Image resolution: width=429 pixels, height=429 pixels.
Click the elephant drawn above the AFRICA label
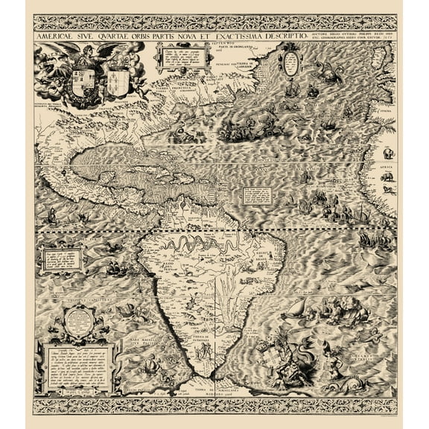(388, 153)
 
